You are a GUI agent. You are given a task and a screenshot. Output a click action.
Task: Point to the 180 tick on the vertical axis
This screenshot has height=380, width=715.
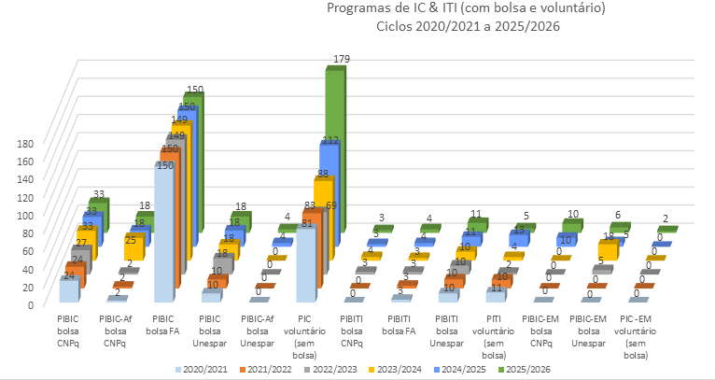[x=25, y=144]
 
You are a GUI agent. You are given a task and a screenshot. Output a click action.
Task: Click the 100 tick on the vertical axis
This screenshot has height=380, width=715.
[x=25, y=215]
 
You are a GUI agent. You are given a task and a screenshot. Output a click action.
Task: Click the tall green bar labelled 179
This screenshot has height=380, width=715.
[x=334, y=149]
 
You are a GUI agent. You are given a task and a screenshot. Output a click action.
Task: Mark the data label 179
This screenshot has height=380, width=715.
[x=342, y=60]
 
